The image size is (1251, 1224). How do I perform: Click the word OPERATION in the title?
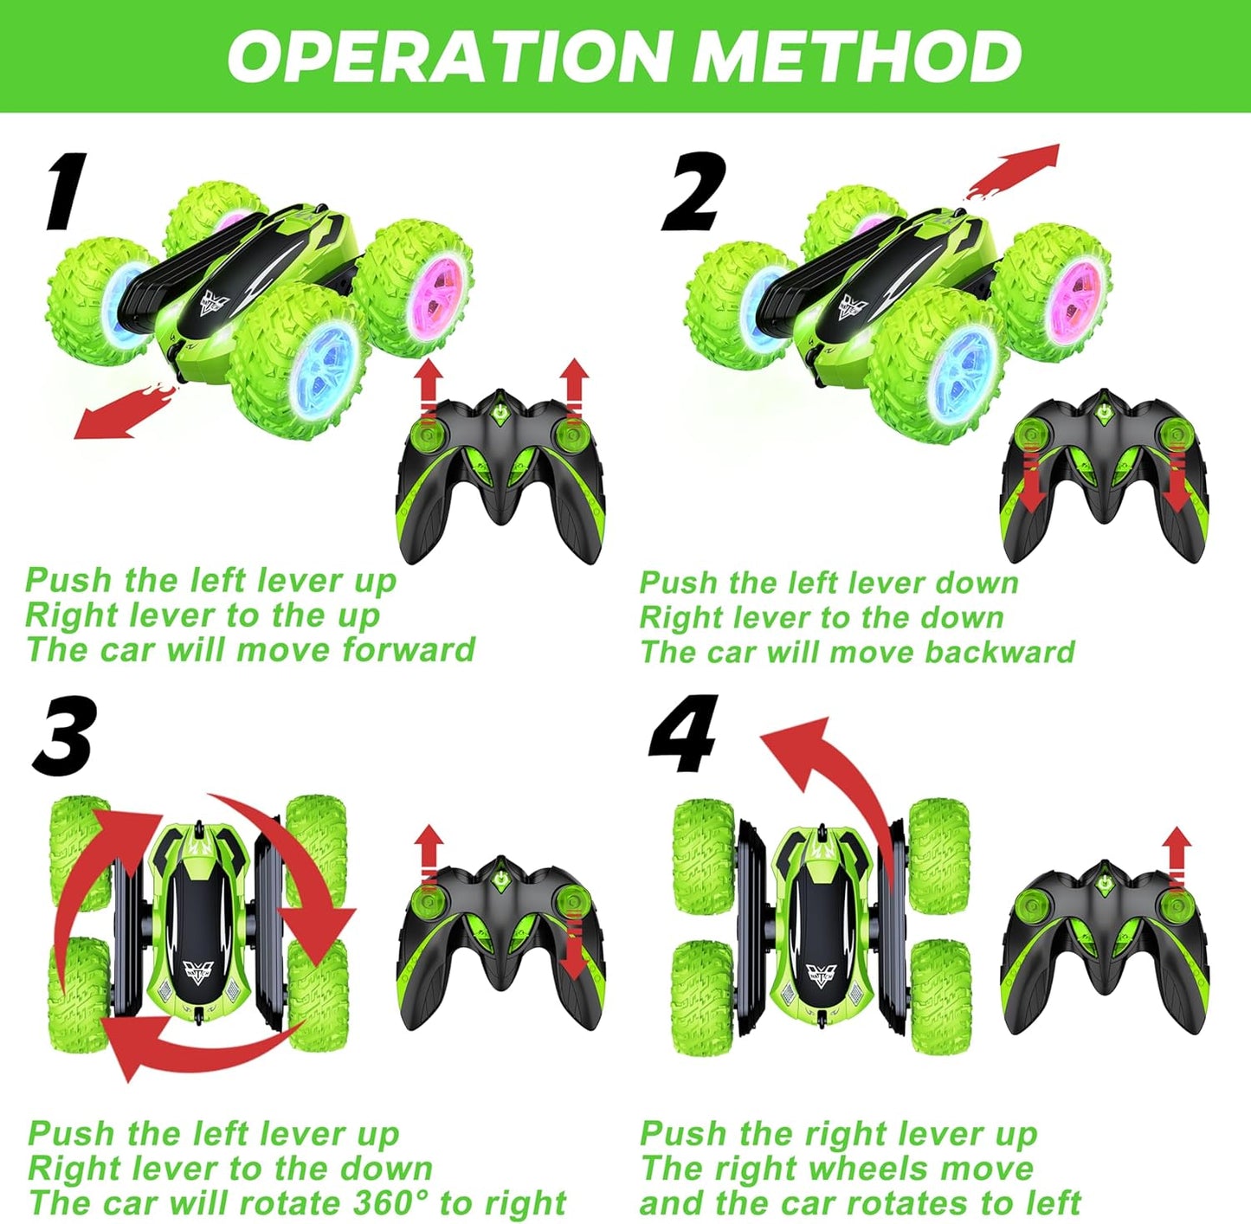pos(448,55)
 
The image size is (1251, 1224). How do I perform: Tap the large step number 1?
pos(66,192)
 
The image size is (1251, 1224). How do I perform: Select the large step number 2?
pos(693,192)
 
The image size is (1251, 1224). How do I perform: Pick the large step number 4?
pos(685,735)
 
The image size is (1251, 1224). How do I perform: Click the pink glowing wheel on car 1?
pos(441,287)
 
